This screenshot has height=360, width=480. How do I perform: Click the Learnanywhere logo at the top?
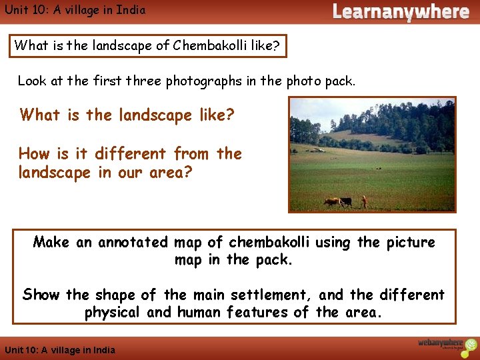pos(400,11)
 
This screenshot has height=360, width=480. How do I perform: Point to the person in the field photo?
pos(364,201)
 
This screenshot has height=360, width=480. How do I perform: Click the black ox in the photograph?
pos(345,201)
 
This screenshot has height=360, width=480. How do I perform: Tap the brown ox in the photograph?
pos(331,201)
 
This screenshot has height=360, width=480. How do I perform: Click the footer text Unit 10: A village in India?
pos(59,350)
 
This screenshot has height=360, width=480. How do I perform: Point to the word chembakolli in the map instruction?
pos(273,242)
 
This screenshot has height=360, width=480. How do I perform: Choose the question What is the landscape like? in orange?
pos(127,115)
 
